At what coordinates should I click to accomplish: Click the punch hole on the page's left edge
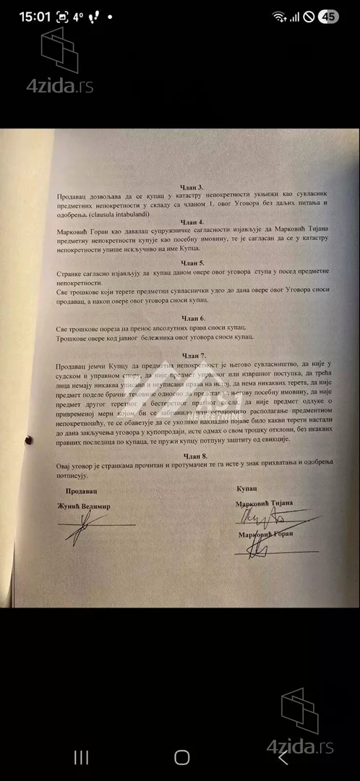[x=30, y=438]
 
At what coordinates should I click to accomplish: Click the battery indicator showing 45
[x=329, y=16]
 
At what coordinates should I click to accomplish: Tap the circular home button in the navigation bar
[x=181, y=757]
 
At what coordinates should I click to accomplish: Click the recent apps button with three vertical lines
[x=82, y=757]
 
